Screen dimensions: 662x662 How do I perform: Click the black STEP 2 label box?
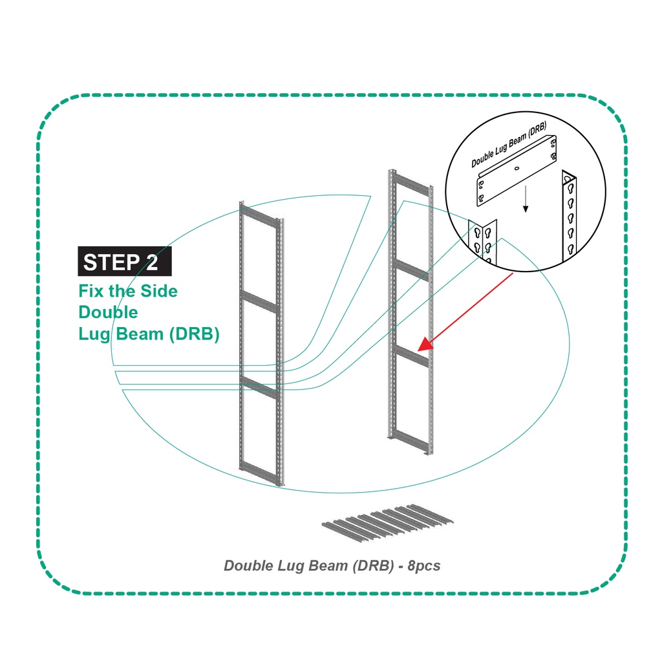point(125,262)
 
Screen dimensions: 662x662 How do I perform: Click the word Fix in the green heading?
point(91,292)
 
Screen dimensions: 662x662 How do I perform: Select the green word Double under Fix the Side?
point(108,312)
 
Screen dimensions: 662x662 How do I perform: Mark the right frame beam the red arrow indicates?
point(411,357)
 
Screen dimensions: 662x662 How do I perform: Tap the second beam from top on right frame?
point(411,270)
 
